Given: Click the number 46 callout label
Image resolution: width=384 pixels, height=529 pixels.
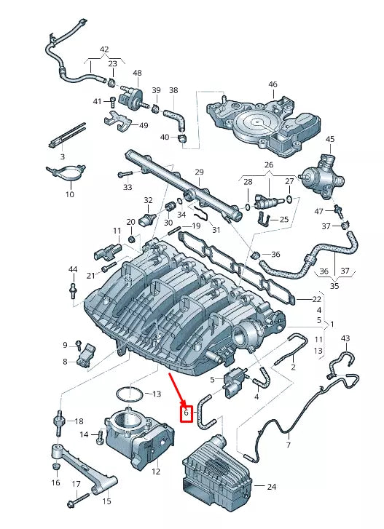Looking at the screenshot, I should click(273, 85).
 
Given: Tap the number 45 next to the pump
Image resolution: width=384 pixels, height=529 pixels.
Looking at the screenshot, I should click(329, 139).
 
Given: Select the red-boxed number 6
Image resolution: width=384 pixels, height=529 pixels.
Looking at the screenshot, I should click(186, 413).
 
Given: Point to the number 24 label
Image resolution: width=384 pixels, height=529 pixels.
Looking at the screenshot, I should click(271, 486).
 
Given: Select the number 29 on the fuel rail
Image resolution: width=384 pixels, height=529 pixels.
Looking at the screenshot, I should click(198, 172).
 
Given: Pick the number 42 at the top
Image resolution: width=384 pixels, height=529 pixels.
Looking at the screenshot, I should click(104, 50).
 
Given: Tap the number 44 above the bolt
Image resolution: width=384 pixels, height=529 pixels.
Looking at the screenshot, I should click(72, 270).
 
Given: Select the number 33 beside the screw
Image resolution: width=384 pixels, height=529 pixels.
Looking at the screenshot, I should click(128, 187).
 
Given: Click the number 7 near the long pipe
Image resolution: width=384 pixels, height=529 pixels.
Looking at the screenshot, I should click(288, 444).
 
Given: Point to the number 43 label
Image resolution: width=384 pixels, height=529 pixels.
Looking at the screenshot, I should click(345, 339).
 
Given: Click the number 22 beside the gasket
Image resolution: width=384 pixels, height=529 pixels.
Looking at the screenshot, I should click(316, 299).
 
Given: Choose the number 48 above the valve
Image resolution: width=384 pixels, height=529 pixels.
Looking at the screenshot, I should click(137, 73).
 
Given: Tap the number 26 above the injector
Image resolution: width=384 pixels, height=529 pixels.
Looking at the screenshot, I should click(268, 164).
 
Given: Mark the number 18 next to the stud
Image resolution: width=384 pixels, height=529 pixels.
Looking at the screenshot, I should click(79, 421).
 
